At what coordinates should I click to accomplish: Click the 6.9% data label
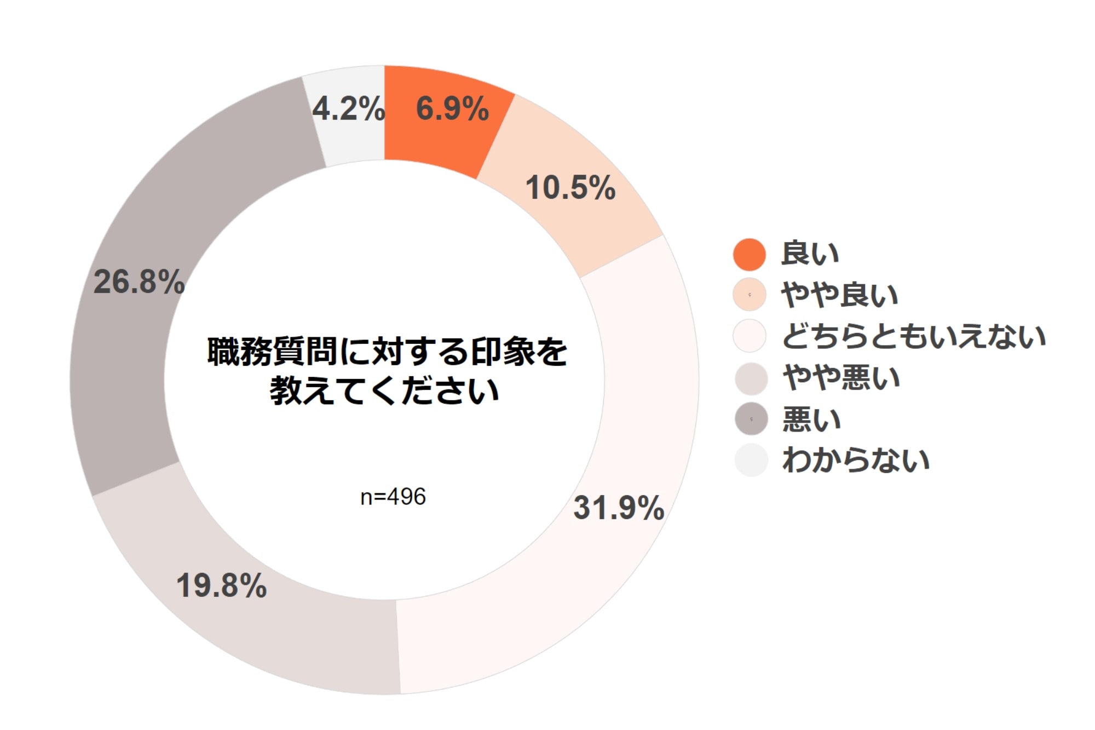pos(452,108)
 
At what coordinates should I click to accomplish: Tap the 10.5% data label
pos(570,187)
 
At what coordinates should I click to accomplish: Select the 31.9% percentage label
pos(619,508)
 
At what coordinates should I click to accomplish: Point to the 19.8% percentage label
pos(221,585)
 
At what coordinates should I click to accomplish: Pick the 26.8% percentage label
pos(139,282)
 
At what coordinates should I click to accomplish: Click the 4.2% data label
pos(349,108)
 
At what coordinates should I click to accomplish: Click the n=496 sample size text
pos(393,497)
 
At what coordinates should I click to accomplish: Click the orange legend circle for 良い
pos(749,254)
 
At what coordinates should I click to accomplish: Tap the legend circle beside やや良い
pos(749,295)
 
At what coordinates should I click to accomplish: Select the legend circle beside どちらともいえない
pos(749,336)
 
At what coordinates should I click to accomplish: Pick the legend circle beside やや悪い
pos(751,378)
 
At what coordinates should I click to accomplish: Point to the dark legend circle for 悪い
pos(751,419)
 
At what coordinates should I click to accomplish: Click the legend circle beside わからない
pos(751,460)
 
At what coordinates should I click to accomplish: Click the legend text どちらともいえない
pos(914,336)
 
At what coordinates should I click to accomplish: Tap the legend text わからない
pos(856,460)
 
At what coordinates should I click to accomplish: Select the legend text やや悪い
pos(842,378)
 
